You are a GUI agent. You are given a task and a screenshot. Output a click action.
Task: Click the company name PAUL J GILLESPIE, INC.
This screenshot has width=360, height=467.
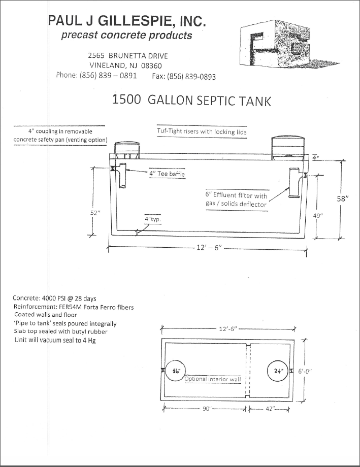coord(127,21)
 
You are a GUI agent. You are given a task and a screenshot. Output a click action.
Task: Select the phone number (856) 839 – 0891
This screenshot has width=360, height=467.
coord(108,75)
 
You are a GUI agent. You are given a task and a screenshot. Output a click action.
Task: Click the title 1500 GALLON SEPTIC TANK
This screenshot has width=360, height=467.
coord(191,100)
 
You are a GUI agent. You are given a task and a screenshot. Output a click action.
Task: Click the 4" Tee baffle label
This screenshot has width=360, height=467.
coord(167,174)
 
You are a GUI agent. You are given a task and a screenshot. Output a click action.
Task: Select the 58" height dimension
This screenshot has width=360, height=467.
coord(342,199)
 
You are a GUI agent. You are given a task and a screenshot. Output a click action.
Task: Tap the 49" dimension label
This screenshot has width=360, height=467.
coord(319,215)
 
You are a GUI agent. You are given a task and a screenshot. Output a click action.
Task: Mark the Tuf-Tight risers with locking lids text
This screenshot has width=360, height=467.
coord(202,131)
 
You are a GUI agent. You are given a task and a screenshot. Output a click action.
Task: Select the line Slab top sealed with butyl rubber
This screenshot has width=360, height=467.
coord(61,331)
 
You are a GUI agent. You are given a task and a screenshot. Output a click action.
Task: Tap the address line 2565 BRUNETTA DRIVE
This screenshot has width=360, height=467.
coord(127,55)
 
